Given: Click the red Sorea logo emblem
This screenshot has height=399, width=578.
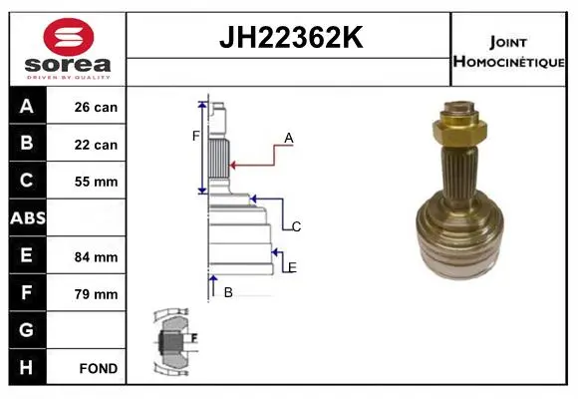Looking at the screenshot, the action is [x=69, y=37].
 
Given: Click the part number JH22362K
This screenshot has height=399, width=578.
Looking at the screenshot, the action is [x=291, y=37].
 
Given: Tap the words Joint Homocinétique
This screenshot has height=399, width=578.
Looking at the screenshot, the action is [x=508, y=52].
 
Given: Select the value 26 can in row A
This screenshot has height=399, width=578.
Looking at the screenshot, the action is [x=96, y=107].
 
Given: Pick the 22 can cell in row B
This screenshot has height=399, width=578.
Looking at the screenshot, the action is [x=96, y=145].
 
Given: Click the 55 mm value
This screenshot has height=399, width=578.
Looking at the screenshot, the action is [x=96, y=182].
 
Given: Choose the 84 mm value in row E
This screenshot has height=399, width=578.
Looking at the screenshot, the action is [x=96, y=257].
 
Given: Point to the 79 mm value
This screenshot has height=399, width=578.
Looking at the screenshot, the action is [x=96, y=294].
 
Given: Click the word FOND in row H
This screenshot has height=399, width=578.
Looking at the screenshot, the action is [x=99, y=368].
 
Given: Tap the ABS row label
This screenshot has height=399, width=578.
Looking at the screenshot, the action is [x=28, y=218].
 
